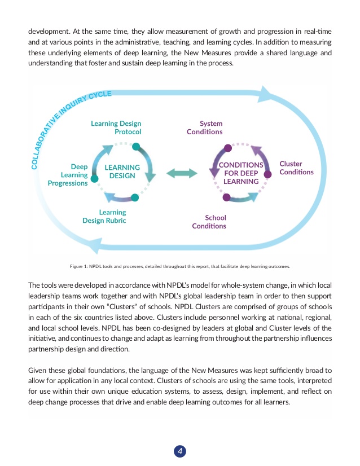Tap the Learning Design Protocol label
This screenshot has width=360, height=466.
click(116, 128)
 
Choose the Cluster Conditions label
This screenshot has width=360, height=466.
click(296, 168)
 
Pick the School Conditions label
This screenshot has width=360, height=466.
click(209, 222)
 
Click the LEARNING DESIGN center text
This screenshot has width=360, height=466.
click(122, 172)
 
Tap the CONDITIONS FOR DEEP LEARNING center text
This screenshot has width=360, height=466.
click(241, 173)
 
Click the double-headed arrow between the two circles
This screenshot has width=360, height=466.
click(182, 173)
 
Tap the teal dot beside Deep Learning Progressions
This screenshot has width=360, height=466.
click(94, 178)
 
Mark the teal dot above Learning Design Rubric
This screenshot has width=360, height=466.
click(134, 197)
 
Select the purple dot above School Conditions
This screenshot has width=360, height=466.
click(226, 197)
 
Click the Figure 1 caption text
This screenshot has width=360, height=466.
click(179, 266)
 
